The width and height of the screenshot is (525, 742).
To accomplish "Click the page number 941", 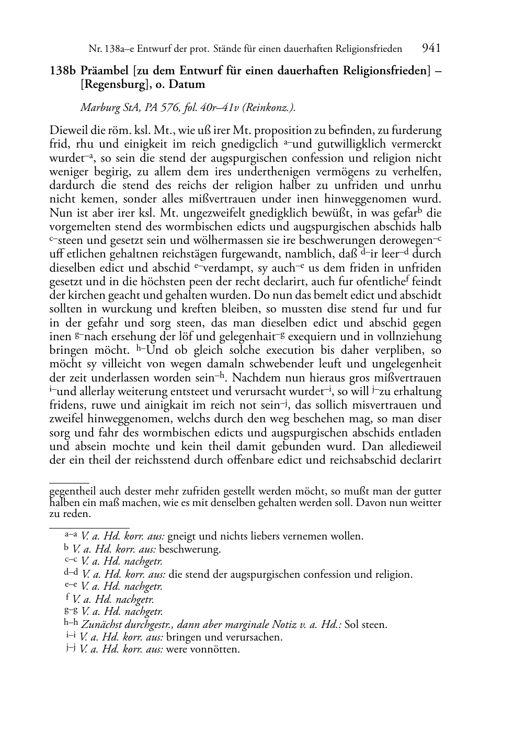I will point(431,48).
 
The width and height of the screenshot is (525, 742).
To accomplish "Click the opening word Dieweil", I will point(69,131).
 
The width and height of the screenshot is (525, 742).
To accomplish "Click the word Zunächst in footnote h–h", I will point(103,625).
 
